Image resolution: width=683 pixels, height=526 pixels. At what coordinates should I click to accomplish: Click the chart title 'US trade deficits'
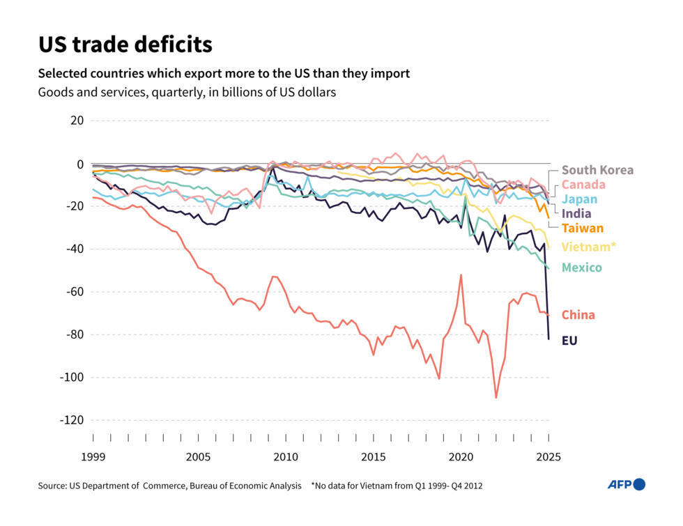point(125,45)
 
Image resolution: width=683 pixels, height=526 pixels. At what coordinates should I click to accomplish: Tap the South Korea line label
point(597,170)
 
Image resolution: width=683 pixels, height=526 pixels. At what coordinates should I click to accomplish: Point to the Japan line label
point(579,199)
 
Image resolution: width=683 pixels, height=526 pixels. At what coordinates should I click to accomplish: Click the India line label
point(576,213)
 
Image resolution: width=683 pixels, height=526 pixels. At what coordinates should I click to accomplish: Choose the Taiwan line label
point(583,228)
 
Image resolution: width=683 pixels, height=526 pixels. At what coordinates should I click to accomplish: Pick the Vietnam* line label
point(589,247)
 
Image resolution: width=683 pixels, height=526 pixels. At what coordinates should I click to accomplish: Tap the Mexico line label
point(581,268)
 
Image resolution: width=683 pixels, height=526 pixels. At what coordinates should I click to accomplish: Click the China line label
point(578,315)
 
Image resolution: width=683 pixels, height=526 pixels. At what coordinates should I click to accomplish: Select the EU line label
point(569,341)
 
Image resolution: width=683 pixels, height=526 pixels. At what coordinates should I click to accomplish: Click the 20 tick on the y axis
point(77,121)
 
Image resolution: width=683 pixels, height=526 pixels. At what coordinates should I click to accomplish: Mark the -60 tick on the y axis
point(72,292)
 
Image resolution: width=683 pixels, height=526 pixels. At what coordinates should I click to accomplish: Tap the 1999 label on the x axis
point(93,458)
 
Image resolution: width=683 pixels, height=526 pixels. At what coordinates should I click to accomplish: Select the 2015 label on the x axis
point(374,458)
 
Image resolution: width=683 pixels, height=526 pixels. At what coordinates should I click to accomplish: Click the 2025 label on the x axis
point(548,458)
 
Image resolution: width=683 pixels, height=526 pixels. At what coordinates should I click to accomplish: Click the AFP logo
point(626,484)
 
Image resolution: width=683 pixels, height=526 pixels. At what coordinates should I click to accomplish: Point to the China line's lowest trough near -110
point(496,398)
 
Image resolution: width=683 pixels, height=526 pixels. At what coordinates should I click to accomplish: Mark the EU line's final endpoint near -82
point(548,339)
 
